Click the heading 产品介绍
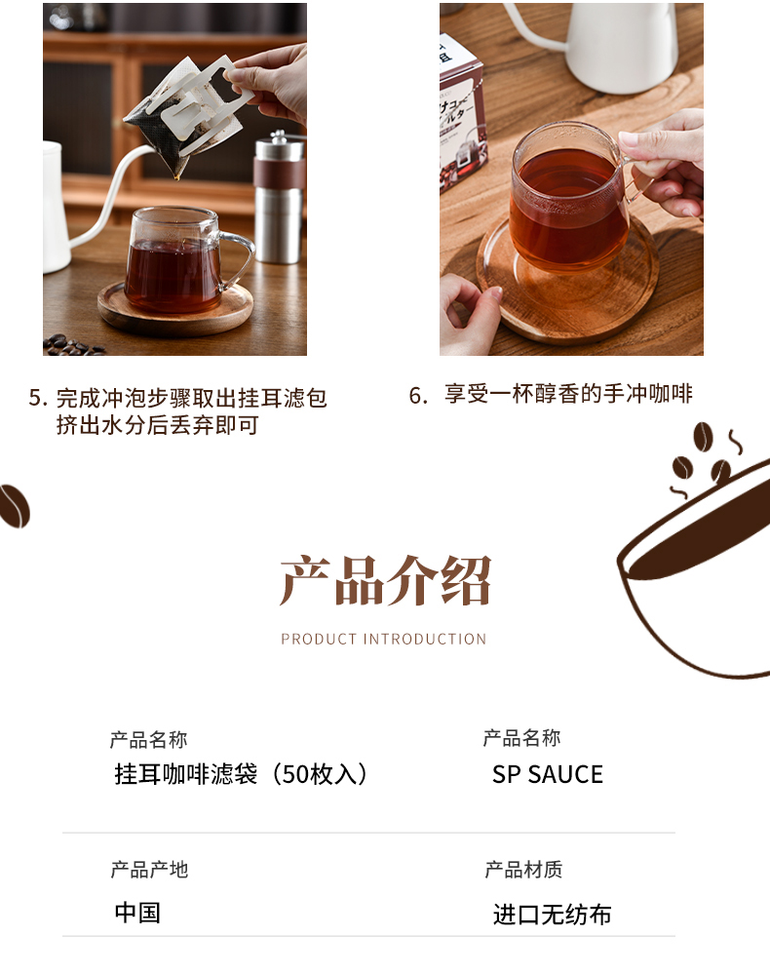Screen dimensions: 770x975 [x=385, y=581]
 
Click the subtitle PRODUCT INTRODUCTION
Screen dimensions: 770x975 [x=383, y=640]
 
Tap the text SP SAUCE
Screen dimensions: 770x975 [x=548, y=775]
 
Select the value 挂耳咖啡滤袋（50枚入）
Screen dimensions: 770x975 [x=241, y=774]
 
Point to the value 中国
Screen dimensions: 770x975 [x=137, y=913]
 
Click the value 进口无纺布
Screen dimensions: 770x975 [x=552, y=915]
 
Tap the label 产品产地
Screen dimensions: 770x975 [x=149, y=870]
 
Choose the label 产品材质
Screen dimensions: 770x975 [x=523, y=870]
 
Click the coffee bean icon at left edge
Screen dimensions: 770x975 [x=14, y=505]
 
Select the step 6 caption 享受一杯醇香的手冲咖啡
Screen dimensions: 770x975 [x=568, y=394]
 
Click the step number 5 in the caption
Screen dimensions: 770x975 [x=34, y=398]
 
